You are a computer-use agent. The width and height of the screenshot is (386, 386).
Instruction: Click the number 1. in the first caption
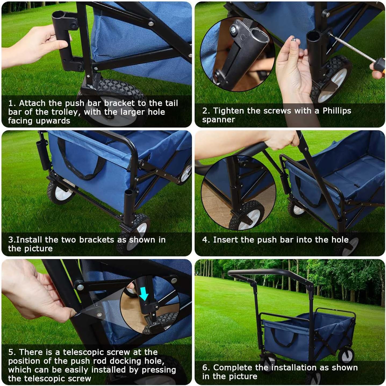click(x=12, y=103)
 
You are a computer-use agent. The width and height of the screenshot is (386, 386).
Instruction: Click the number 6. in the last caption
click(x=206, y=367)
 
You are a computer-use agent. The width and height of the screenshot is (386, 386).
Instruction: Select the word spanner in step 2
click(x=219, y=120)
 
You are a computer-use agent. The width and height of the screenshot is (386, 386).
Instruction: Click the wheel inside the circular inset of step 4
click(x=247, y=216)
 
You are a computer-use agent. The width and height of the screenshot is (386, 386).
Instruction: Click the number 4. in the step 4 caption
click(x=206, y=240)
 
